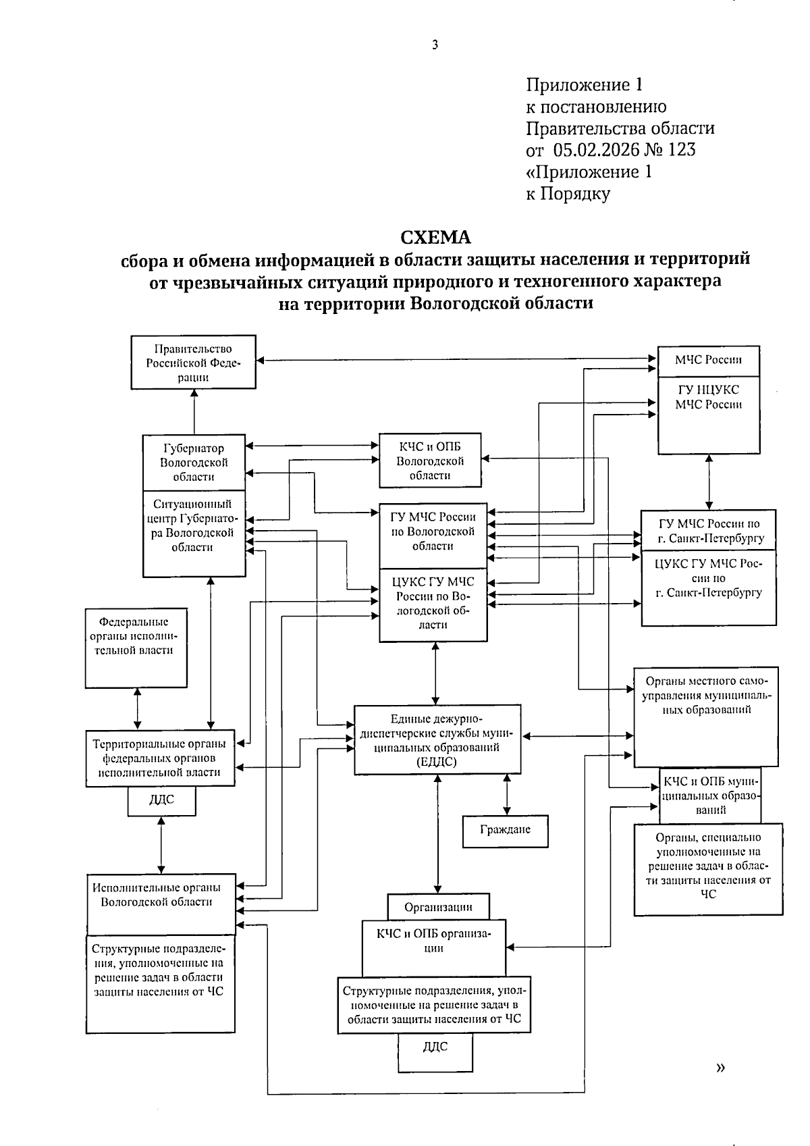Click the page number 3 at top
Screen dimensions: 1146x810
pos(435,45)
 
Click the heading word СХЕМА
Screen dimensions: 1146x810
pos(435,237)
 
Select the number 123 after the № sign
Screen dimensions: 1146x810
pos(682,149)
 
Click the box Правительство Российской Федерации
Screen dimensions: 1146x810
pos(193,363)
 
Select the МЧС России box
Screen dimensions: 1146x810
pos(708,361)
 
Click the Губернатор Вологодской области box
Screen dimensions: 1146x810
pos(194,462)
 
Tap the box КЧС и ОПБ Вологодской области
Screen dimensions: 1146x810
pos(430,461)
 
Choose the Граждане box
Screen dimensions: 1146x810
pos(505,831)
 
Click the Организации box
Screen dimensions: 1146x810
pos(438,907)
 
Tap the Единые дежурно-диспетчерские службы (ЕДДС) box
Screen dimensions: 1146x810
pos(437,739)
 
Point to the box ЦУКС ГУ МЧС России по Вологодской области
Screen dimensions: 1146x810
pos(433,604)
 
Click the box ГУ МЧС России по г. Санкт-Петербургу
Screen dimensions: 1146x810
pos(709,531)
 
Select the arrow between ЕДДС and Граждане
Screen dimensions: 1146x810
pos(506,795)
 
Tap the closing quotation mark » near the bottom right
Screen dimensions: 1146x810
pos(721,1068)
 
